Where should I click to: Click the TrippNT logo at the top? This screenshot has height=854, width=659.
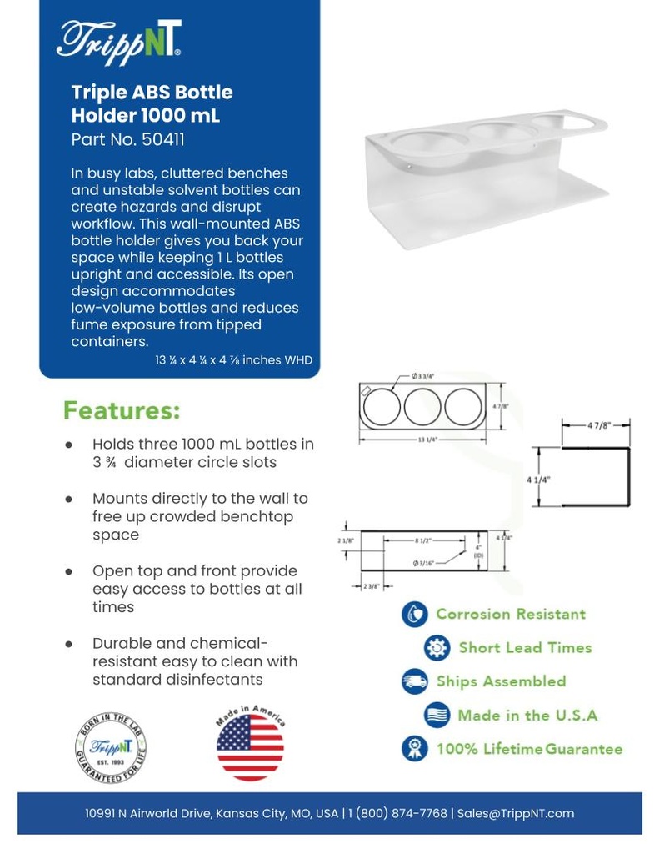(119, 38)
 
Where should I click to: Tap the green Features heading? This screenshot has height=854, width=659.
(122, 411)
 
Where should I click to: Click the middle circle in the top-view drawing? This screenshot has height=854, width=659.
(423, 406)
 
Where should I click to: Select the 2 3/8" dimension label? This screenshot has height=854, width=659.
(372, 586)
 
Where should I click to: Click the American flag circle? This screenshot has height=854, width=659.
(250, 746)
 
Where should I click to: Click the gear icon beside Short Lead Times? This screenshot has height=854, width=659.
(437, 648)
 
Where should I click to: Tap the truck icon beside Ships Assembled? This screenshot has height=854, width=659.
(414, 681)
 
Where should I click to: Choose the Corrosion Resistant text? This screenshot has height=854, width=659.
(511, 615)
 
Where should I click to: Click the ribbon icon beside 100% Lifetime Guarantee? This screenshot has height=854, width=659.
(414, 748)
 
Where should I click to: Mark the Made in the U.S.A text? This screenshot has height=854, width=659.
(527, 715)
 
